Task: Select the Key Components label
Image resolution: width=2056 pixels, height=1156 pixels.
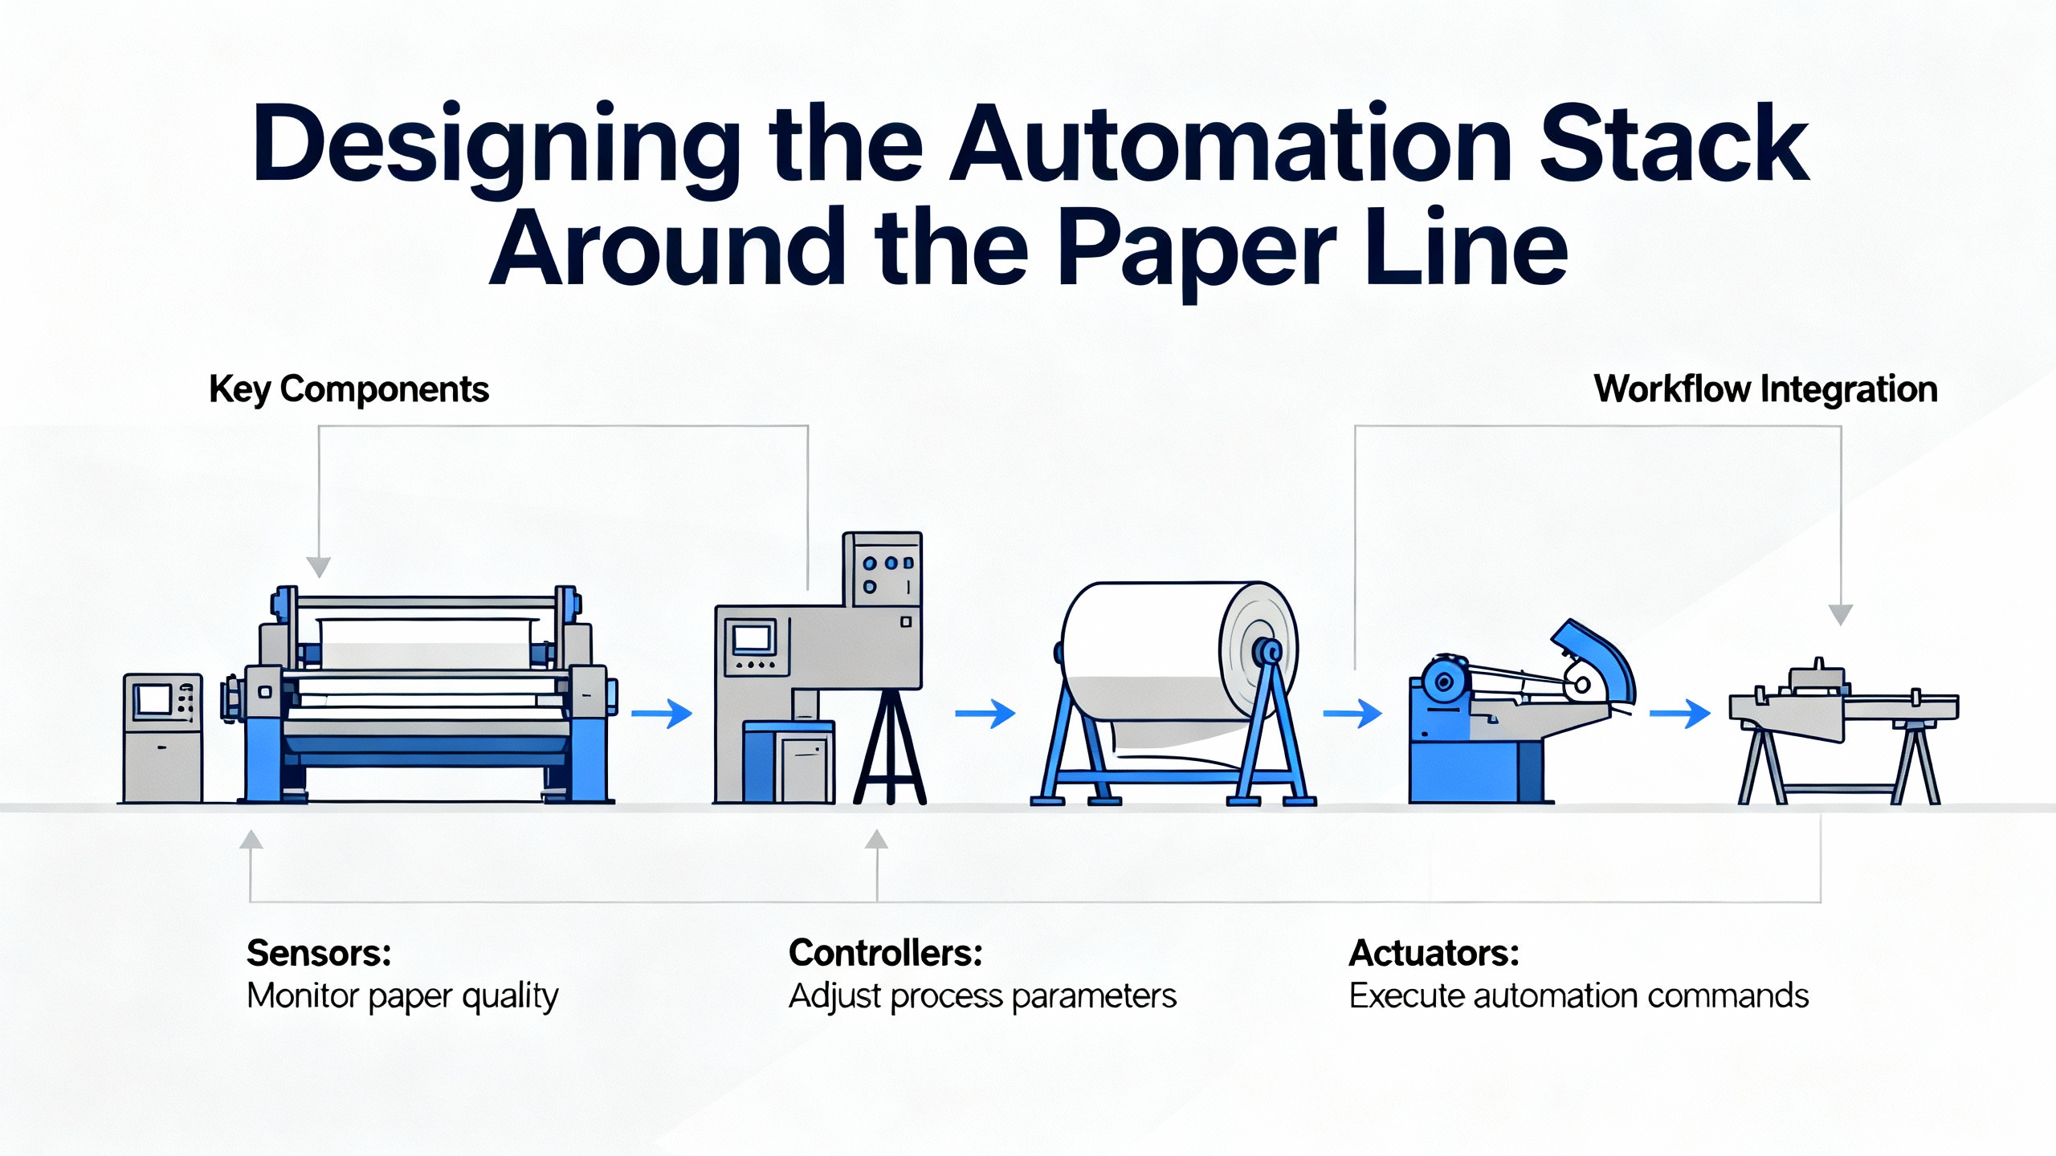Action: [x=349, y=389]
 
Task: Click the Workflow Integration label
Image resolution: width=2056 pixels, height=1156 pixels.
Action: [x=1765, y=389]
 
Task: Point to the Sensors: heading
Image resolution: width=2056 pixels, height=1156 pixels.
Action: [x=319, y=954]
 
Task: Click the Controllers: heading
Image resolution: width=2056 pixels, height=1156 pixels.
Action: [x=885, y=954]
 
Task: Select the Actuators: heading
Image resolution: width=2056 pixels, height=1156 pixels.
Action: [x=1434, y=954]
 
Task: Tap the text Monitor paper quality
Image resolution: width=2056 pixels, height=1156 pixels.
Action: [x=402, y=996]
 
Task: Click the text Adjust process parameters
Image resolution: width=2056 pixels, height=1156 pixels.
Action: [x=981, y=996]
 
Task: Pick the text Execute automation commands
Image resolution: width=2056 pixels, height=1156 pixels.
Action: [x=1578, y=996]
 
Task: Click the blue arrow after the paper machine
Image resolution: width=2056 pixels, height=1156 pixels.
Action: [x=662, y=713]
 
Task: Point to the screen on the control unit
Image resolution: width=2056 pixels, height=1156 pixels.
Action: [x=752, y=639]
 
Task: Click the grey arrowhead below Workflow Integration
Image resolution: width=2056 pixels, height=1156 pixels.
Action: [x=1840, y=614]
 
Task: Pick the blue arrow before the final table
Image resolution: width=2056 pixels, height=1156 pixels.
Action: [x=1679, y=713]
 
